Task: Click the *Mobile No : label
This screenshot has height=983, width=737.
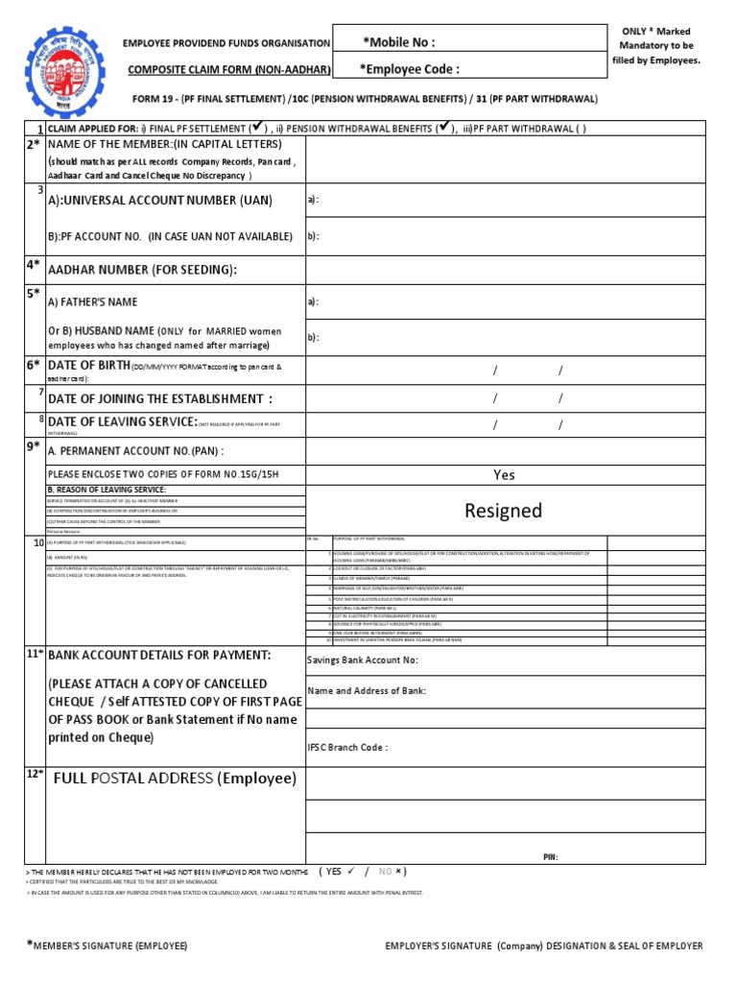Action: pyautogui.click(x=398, y=42)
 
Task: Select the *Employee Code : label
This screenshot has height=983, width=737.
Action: pyautogui.click(x=409, y=69)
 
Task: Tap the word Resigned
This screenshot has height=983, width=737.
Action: pyautogui.click(x=503, y=510)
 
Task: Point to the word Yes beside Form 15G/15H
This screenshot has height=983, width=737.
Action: pyautogui.click(x=504, y=474)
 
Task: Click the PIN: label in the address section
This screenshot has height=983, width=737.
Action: pyautogui.click(x=550, y=856)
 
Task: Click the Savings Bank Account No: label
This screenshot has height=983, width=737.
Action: pyautogui.click(x=363, y=659)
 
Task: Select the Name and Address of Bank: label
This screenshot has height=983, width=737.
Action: pyautogui.click(x=367, y=690)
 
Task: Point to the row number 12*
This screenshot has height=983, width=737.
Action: pyautogui.click(x=35, y=775)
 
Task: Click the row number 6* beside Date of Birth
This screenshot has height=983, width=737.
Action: pyautogui.click(x=34, y=365)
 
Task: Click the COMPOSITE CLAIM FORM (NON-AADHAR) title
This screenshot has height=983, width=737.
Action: pyautogui.click(x=229, y=70)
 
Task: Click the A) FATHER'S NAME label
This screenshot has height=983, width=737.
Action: pyautogui.click(x=93, y=301)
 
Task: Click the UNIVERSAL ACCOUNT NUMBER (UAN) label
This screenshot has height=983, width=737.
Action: pyautogui.click(x=160, y=200)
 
